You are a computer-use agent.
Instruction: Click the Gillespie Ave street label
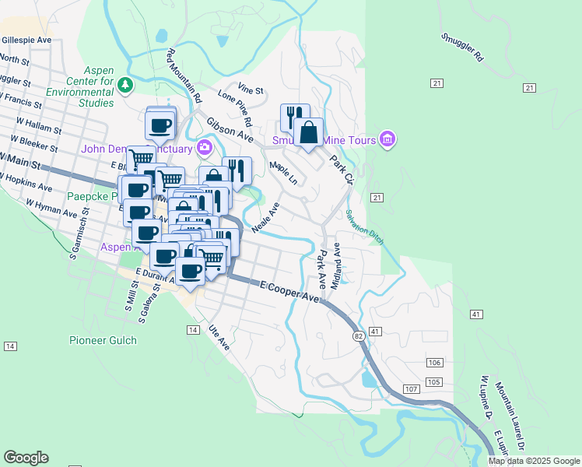click(x=26, y=40)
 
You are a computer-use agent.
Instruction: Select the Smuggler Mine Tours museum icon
click(x=387, y=140)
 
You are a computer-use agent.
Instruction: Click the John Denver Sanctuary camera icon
click(x=205, y=146)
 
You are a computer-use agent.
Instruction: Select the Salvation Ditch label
click(x=365, y=227)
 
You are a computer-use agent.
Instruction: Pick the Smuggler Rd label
click(x=461, y=47)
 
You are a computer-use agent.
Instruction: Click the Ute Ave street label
click(x=220, y=338)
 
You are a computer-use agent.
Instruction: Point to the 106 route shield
click(x=434, y=363)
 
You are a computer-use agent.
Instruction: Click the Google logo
click(x=26, y=458)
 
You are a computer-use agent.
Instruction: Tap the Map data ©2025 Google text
click(x=534, y=461)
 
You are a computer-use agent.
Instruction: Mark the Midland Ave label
click(x=336, y=266)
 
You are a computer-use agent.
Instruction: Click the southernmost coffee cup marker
click(x=191, y=271)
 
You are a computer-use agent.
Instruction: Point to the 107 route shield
click(x=412, y=388)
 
